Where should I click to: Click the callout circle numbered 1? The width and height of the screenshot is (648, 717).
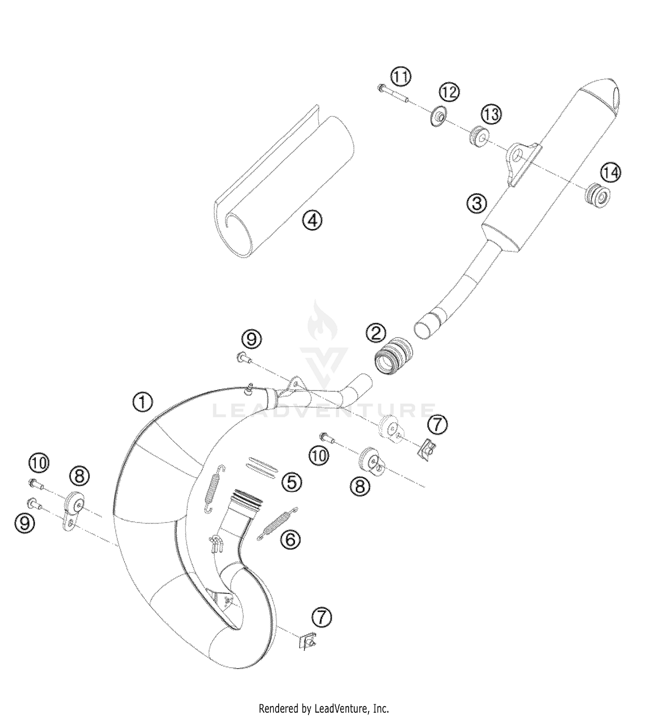pyautogui.click(x=143, y=402)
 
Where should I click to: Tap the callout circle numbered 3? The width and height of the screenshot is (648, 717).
pyautogui.click(x=477, y=203)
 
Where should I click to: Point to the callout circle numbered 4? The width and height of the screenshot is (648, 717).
pyautogui.click(x=312, y=221)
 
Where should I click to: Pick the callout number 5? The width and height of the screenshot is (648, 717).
pyautogui.click(x=292, y=482)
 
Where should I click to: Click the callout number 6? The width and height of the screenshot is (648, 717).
pyautogui.click(x=290, y=539)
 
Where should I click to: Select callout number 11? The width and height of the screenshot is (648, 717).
pyautogui.click(x=401, y=77)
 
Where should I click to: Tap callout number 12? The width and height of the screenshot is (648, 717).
pyautogui.click(x=449, y=92)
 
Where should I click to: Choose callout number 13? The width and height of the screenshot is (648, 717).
pyautogui.click(x=491, y=115)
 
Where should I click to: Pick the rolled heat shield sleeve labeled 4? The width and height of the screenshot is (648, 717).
pyautogui.click(x=281, y=182)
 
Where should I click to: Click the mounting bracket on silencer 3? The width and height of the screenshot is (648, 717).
pyautogui.click(x=521, y=160)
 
